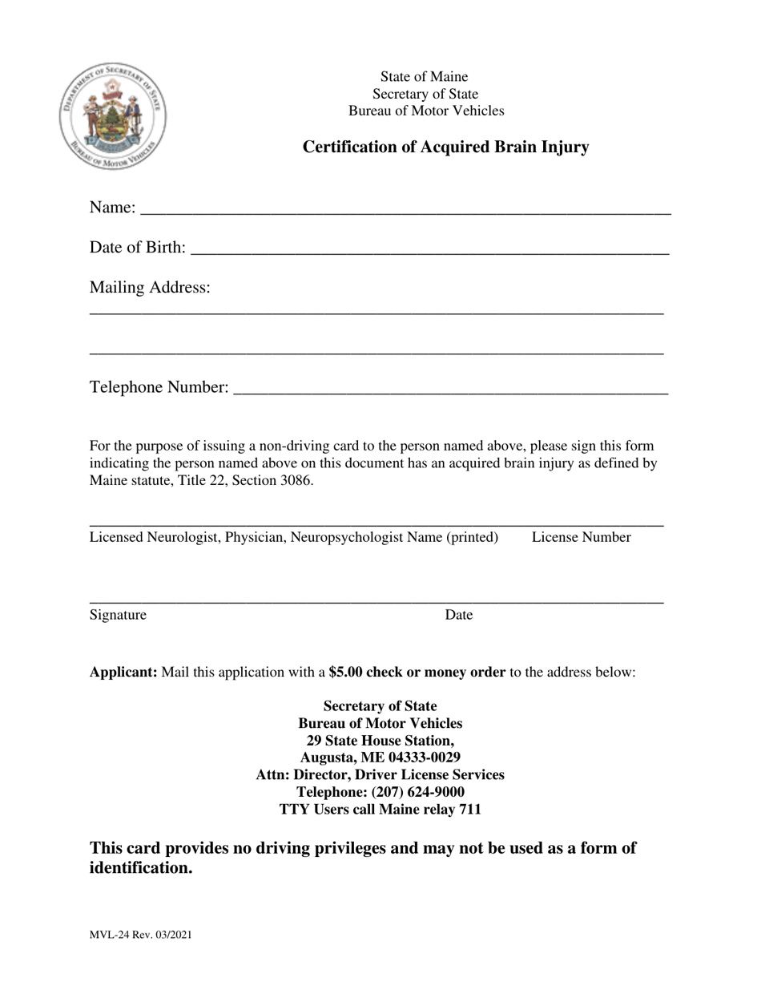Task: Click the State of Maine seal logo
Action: pos(113,116)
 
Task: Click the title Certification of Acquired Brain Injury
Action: pos(445,147)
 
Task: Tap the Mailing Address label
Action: pos(150,287)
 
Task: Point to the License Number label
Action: pos(581,537)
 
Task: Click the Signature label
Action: pos(118,615)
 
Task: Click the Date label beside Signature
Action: pos(459,615)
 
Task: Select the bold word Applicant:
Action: pos(123,672)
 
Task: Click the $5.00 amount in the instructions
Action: pos(345,672)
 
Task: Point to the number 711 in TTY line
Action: pos(470,809)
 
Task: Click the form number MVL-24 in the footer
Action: pos(110,935)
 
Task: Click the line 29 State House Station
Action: pos(380,740)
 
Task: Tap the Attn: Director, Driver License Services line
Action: pos(380,774)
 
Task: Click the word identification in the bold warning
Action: pos(140,868)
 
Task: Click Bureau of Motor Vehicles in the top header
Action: pos(426,111)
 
